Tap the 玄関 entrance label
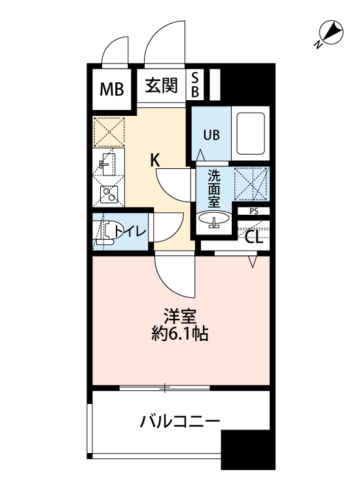pos(161,86)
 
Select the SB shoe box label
pos(194,85)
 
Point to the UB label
pos(211,136)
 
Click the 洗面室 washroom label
pos(213,188)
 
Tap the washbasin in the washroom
pos(213,221)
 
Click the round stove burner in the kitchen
pos(107,193)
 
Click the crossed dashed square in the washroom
pos(252,183)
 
